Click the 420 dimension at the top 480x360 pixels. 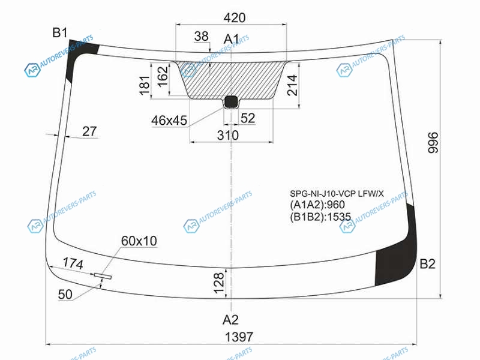point(235,18)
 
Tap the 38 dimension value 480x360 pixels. point(202,37)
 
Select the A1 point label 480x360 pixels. point(232,39)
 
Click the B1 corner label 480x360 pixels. point(59,32)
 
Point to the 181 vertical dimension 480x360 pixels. point(145,85)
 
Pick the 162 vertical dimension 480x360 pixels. point(163,76)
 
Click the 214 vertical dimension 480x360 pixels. point(292,85)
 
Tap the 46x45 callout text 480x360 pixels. point(169,121)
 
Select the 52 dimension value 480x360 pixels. point(248,118)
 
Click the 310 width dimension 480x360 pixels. point(228,136)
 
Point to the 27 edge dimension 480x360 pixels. point(89,131)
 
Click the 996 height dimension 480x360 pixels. point(433,143)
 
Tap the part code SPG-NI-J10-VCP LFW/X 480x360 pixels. point(337,193)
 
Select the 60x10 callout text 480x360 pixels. point(139,241)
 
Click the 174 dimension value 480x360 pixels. point(73,263)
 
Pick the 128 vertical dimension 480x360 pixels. point(219,283)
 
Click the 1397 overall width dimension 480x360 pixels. point(239,337)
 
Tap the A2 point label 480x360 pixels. point(230,320)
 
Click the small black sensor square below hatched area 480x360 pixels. point(231,102)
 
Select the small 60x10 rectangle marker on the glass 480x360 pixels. point(103,276)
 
